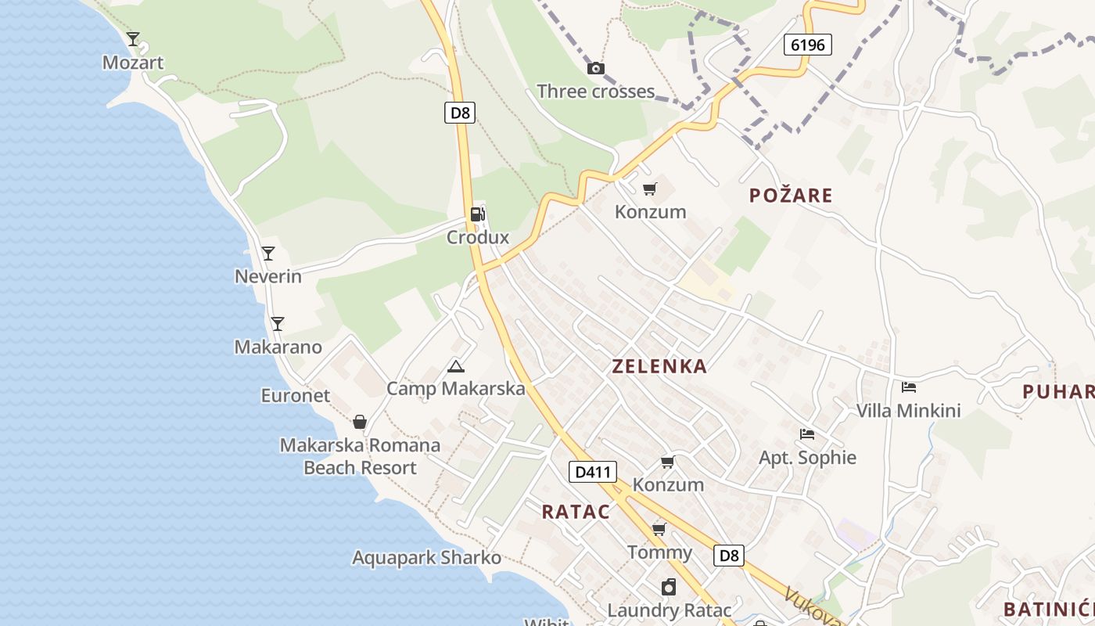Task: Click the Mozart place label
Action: pos(133,63)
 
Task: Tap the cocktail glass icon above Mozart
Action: pos(133,38)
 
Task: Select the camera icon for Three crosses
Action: pos(596,68)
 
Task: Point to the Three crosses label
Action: pos(595,92)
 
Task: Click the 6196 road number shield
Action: pos(807,45)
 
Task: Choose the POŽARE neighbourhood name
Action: pos(791,196)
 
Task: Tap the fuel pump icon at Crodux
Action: pos(477,214)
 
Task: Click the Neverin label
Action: pos(268,276)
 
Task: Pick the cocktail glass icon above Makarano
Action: pos(277,323)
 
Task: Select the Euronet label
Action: pos(296,396)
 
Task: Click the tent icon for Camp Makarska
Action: pos(455,365)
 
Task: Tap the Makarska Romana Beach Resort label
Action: pos(360,456)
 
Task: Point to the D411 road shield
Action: pos(592,472)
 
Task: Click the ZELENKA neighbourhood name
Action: pos(659,366)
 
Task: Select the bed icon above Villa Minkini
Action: pos(909,387)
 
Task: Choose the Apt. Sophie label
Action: pos(807,458)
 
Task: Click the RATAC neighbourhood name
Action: pos(576,512)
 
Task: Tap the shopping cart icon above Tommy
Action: pos(659,529)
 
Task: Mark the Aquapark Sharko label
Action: pos(426,558)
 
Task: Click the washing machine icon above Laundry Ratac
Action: pos(669,587)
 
